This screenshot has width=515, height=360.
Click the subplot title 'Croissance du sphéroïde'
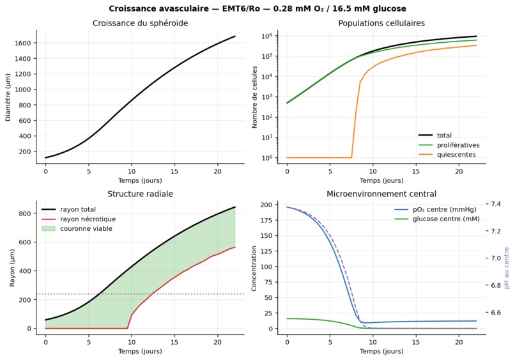click(x=140, y=24)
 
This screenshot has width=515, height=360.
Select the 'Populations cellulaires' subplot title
click(x=381, y=24)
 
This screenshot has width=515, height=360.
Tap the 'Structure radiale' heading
click(x=140, y=194)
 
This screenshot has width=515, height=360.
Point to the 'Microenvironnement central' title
click(x=381, y=194)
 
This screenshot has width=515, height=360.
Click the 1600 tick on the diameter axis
click(x=22, y=43)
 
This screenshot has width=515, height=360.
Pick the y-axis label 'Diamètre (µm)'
click(x=8, y=97)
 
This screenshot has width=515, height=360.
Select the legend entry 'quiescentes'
click(x=456, y=155)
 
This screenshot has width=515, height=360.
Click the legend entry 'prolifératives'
click(x=458, y=145)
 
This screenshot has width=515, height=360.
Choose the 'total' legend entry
click(x=444, y=136)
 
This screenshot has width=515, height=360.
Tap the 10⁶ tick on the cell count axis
click(x=267, y=36)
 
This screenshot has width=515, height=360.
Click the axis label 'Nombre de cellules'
click(x=254, y=97)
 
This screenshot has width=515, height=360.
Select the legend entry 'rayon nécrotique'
click(x=88, y=219)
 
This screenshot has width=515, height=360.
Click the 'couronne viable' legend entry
click(x=86, y=228)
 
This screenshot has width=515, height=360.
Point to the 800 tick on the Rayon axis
click(x=25, y=214)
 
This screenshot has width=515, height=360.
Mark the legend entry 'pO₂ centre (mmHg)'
click(x=444, y=210)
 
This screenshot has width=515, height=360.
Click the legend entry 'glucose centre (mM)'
click(x=446, y=219)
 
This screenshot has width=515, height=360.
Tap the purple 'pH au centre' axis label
click(x=507, y=268)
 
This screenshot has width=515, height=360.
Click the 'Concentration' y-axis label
click(x=254, y=269)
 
